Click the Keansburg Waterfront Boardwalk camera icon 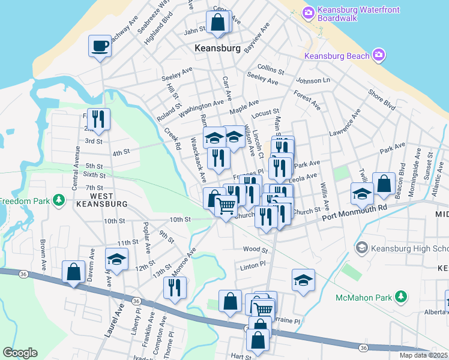[x=309, y=12]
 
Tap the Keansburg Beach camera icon [x=379, y=56]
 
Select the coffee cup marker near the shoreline [x=100, y=46]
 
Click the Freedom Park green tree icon [x=59, y=199]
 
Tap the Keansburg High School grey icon [x=361, y=247]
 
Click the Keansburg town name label [x=217, y=47]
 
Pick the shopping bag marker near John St [x=217, y=22]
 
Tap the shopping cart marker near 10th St [x=226, y=206]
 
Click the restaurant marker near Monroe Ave [x=175, y=287]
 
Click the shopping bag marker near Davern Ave [x=73, y=272]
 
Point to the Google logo [x=20, y=353]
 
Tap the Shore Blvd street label [x=382, y=100]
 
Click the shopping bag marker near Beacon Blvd [x=384, y=183]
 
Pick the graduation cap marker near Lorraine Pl [x=304, y=280]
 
